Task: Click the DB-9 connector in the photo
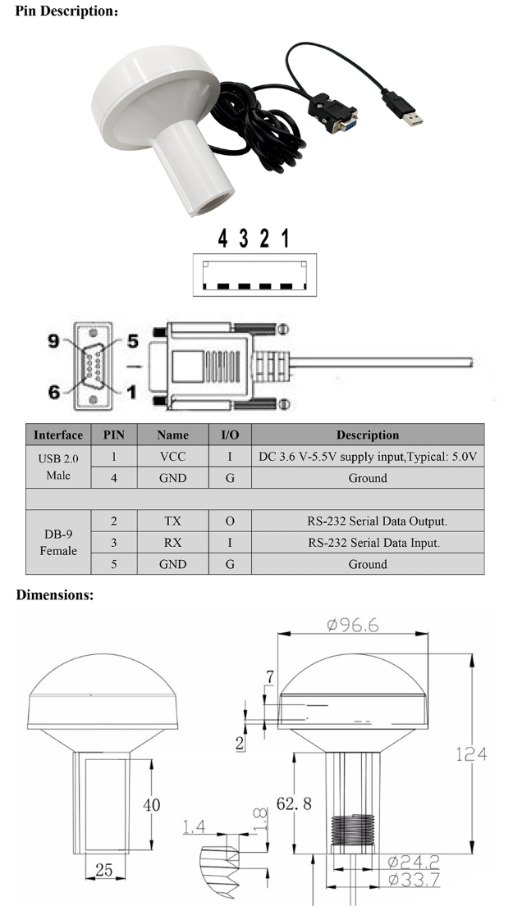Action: pyautogui.click(x=335, y=112)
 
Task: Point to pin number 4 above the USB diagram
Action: pyautogui.click(x=222, y=239)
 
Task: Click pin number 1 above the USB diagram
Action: pyautogui.click(x=285, y=239)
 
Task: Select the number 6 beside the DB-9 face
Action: pyautogui.click(x=55, y=392)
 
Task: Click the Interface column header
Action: pyautogui.click(x=58, y=435)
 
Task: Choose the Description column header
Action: pyautogui.click(x=367, y=435)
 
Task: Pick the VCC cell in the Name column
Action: pyautogui.click(x=172, y=457)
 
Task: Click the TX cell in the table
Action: pyautogui.click(x=172, y=521)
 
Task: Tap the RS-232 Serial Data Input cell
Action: pyautogui.click(x=367, y=542)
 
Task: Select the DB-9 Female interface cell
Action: pyautogui.click(x=58, y=542)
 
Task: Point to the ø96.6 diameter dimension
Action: pyautogui.click(x=353, y=625)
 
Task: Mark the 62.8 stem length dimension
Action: pyautogui.click(x=294, y=803)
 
